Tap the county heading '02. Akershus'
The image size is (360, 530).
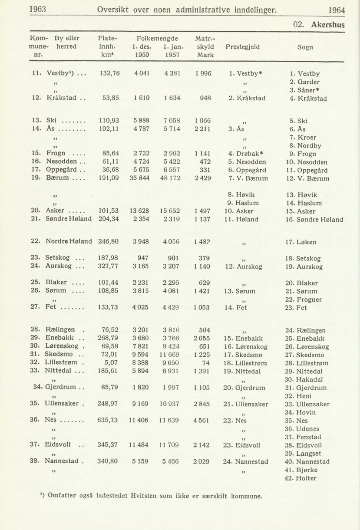(x=319, y=25)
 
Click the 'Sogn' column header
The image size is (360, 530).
(x=305, y=46)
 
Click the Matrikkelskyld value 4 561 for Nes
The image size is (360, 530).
(x=201, y=420)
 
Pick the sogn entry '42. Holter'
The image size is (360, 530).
(x=300, y=478)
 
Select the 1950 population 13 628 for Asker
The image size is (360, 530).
(x=140, y=211)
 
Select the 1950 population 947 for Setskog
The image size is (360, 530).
(x=143, y=258)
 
